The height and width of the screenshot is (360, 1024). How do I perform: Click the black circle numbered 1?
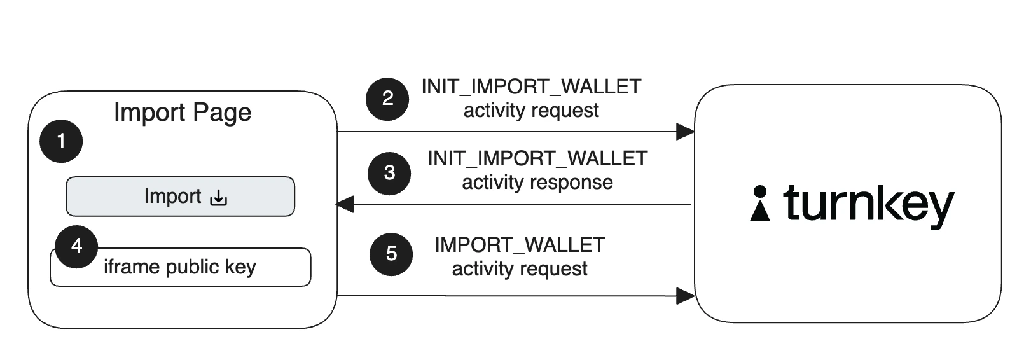tap(61, 141)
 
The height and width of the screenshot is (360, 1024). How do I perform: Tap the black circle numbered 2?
tap(387, 99)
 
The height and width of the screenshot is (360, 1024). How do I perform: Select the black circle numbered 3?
tap(389, 172)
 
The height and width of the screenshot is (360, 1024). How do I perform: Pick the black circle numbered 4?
tap(76, 246)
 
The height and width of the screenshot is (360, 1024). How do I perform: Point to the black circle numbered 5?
tap(391, 254)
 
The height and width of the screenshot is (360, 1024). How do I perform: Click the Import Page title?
tap(183, 113)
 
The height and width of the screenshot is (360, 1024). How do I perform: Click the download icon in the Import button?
tap(218, 198)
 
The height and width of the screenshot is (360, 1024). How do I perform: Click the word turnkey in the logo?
tap(868, 205)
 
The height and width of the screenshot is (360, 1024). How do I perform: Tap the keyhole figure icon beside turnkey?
tap(759, 204)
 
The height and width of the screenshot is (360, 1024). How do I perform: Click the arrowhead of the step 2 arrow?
tap(685, 132)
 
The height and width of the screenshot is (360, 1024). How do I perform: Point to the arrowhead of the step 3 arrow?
tap(345, 204)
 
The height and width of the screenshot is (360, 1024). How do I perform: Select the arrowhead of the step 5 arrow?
tap(685, 296)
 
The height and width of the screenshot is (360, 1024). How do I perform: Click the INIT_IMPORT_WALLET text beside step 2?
tap(531, 87)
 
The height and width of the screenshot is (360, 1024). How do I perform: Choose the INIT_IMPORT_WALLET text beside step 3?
tap(537, 158)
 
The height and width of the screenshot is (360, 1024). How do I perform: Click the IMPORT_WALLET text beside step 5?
tap(520, 245)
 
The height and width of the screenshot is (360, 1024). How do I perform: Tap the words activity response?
tap(537, 183)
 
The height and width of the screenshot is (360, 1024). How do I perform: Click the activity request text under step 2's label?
tap(531, 111)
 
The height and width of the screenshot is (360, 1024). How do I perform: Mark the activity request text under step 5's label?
tap(520, 269)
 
